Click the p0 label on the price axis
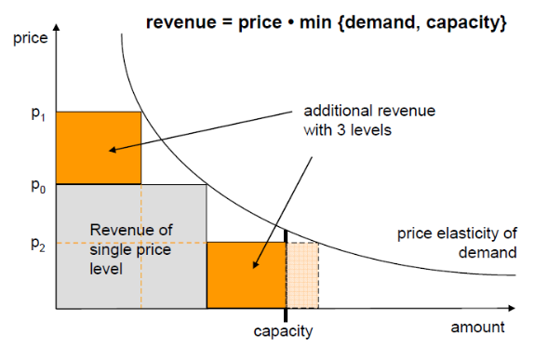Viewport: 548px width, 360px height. (x=34, y=185)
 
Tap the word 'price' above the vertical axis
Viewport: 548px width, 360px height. (x=30, y=42)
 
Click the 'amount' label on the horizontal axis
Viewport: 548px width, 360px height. (x=477, y=327)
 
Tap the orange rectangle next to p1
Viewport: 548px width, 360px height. (x=99, y=147)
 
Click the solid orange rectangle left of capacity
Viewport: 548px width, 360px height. (x=246, y=275)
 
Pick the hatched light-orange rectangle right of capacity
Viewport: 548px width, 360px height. (x=302, y=275)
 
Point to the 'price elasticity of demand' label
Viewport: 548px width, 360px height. (x=458, y=242)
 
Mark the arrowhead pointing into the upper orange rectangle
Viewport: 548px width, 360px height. (x=110, y=149)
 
